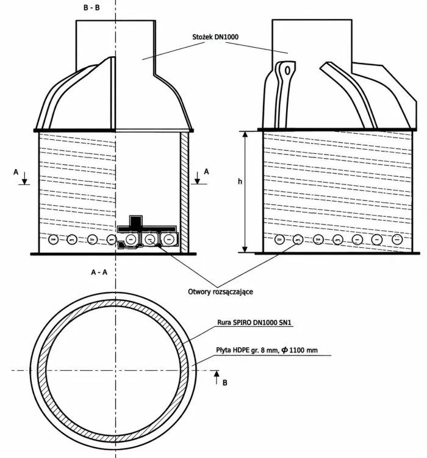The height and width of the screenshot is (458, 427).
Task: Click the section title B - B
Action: [x=91, y=7]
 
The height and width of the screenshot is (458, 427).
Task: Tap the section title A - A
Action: [x=99, y=272]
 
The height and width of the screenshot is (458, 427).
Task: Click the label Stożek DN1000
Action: [x=215, y=37]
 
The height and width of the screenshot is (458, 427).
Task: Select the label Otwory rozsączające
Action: [x=220, y=291]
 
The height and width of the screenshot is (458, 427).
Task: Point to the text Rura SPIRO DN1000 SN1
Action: [x=254, y=322]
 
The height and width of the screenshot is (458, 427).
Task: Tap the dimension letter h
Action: [x=240, y=181]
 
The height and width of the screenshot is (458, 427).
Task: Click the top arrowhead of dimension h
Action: [x=245, y=134]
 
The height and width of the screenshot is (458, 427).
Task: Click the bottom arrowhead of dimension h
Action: [x=245, y=249]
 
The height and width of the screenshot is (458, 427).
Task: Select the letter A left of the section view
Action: [x=16, y=172]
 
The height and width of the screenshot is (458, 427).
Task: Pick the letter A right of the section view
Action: [x=206, y=172]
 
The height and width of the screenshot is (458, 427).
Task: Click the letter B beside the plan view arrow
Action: [x=224, y=383]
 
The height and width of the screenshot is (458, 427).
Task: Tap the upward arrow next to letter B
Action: [x=217, y=377]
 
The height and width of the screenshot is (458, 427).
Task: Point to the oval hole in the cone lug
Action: [x=287, y=71]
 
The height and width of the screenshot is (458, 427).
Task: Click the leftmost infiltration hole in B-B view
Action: [x=53, y=239]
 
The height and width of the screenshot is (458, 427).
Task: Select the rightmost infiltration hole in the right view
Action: [x=397, y=239]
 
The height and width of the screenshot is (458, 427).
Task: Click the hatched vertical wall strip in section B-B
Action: [x=184, y=192]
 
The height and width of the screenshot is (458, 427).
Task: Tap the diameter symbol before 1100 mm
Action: [x=284, y=350]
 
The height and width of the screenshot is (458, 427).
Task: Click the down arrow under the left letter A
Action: [x=25, y=178]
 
